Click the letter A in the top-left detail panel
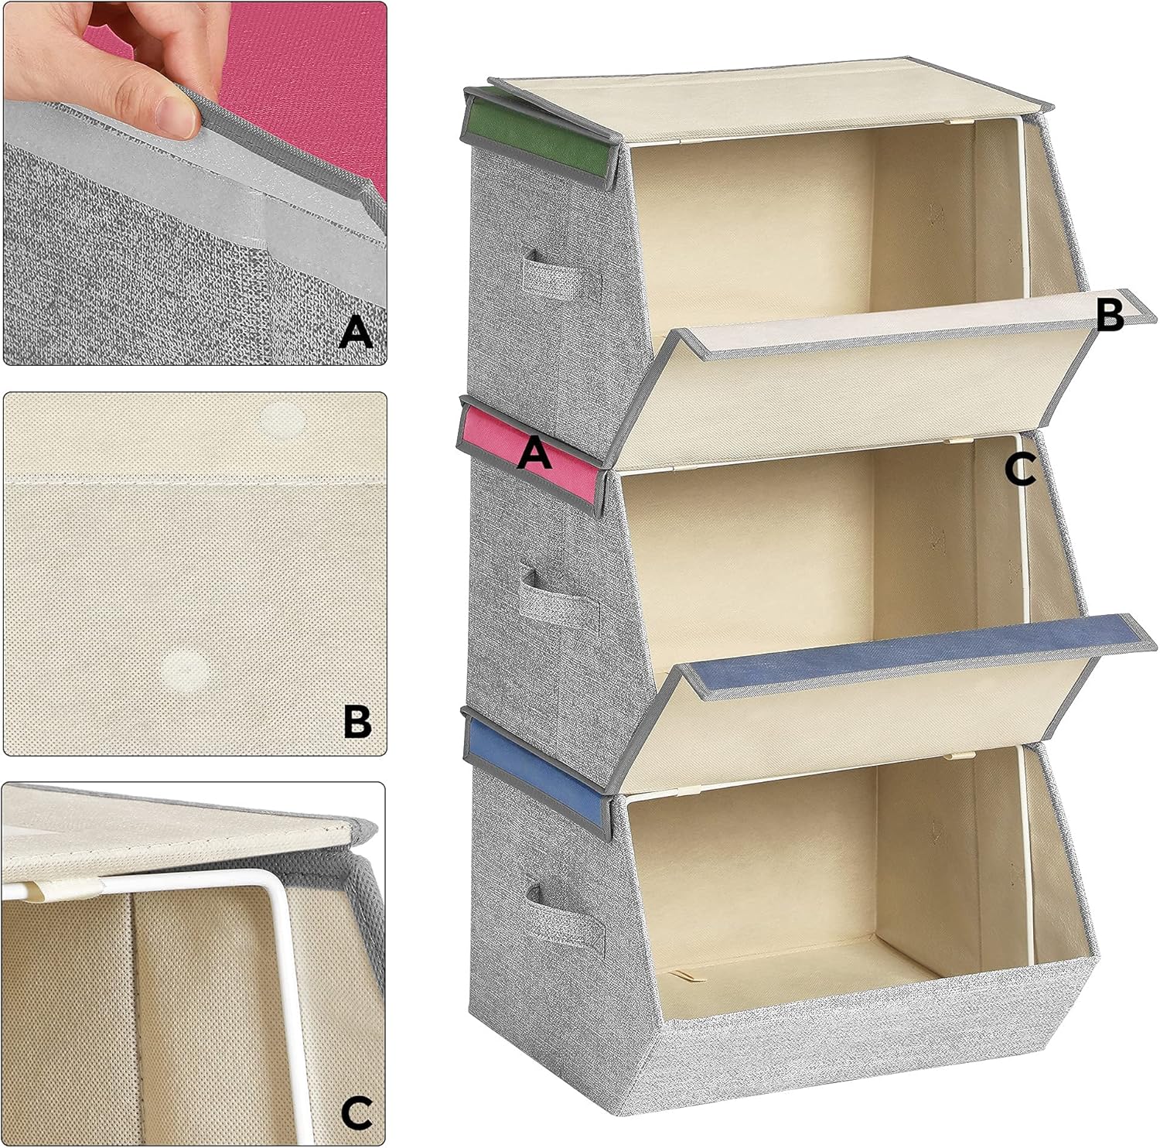point(356,332)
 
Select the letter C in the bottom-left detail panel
point(357,1114)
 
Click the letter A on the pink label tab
point(534,452)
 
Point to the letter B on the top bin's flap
point(1110,316)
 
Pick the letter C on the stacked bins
point(1020,470)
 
